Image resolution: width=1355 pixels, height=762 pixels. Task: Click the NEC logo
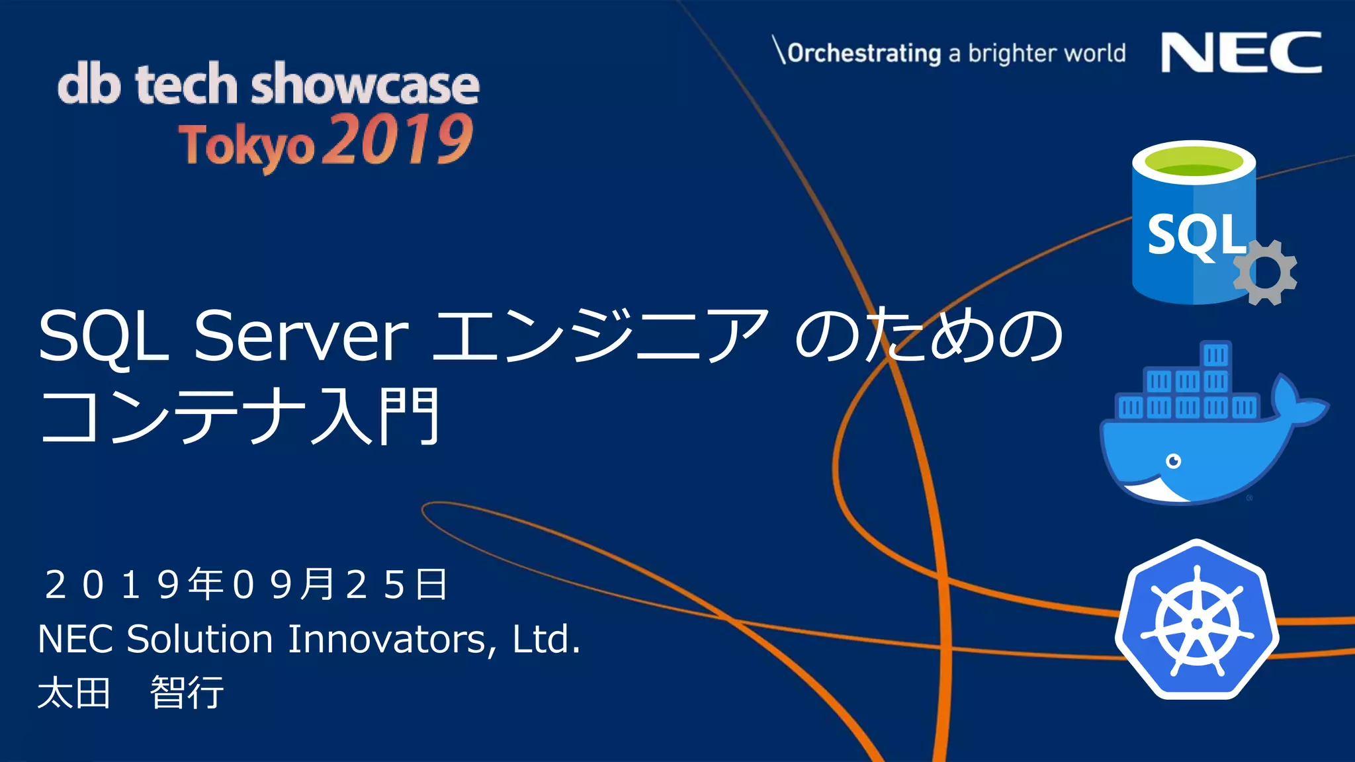(x=1241, y=53)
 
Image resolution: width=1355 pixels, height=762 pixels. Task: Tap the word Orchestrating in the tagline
(x=864, y=53)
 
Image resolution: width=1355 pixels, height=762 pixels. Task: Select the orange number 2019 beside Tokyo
(x=398, y=140)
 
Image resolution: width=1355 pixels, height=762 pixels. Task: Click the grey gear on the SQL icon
(x=1265, y=273)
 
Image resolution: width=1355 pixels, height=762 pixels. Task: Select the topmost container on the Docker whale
(x=1215, y=355)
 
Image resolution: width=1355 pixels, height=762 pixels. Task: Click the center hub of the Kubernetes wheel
(x=1196, y=624)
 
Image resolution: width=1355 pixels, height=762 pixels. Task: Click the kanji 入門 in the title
(x=374, y=417)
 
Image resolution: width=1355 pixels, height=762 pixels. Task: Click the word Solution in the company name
(x=199, y=640)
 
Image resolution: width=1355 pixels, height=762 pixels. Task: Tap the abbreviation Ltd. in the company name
(x=546, y=640)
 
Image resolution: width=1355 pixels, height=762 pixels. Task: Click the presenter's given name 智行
(x=187, y=693)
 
